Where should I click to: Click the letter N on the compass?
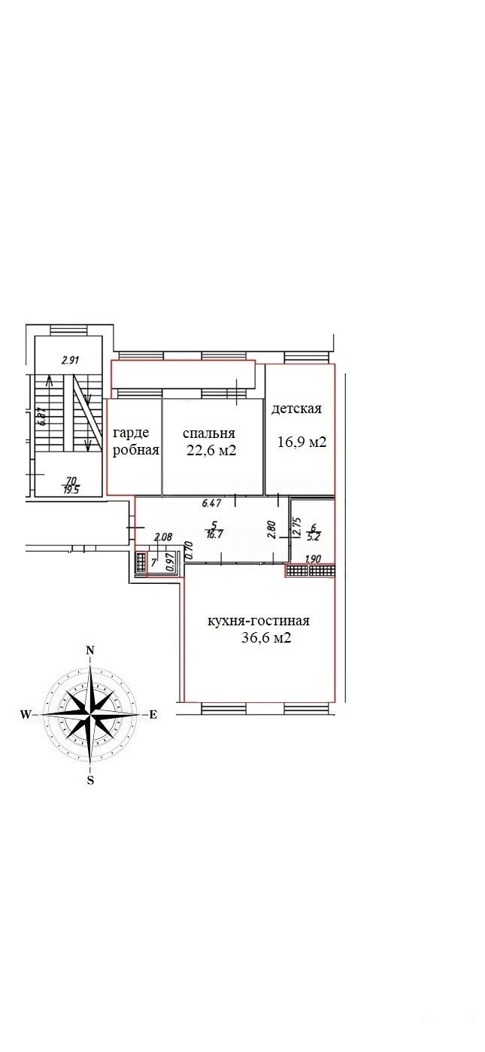point(91,650)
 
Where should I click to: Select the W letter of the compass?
point(26,714)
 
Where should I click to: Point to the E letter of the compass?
point(153,714)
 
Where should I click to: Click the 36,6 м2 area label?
point(266,638)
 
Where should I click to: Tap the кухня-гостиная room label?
point(259,621)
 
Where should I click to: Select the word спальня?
point(209,433)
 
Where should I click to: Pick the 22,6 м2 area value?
point(211,451)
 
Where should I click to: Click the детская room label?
point(297,409)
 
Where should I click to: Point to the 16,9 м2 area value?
point(302,442)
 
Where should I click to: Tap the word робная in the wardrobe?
point(136,450)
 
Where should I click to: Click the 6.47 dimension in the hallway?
point(211,503)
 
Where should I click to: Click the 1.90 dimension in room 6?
point(313,559)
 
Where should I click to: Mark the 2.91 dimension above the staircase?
point(71,360)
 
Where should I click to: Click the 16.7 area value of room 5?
point(214,533)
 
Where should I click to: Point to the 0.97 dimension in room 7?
point(171,561)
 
